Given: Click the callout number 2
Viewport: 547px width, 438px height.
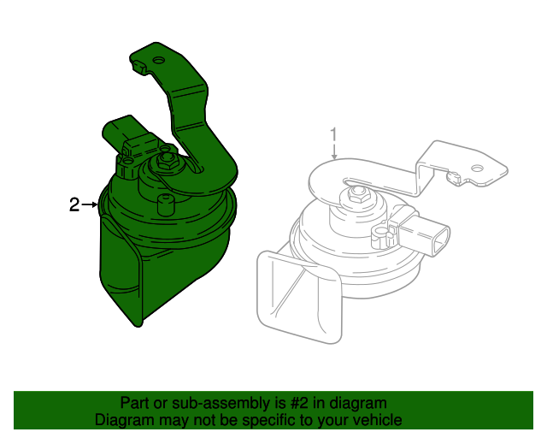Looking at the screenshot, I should pyautogui.click(x=74, y=204).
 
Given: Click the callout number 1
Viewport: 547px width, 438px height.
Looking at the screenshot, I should pyautogui.click(x=334, y=134).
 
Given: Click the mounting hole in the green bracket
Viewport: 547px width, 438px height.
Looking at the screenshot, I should pyautogui.click(x=157, y=61).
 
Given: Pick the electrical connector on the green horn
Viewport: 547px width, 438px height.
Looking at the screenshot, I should pyautogui.click(x=123, y=141).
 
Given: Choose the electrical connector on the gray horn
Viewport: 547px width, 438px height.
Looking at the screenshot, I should pyautogui.click(x=429, y=234).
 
